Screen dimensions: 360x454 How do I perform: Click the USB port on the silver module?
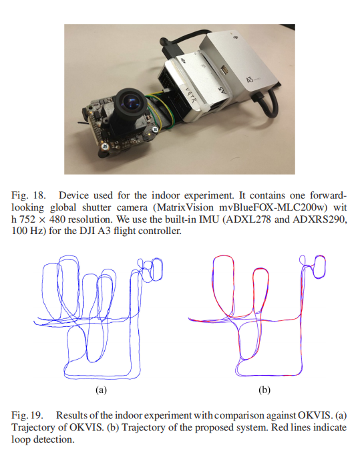(224, 70)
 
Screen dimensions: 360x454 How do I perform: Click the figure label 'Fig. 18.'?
(29, 195)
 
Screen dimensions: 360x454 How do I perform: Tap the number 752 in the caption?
(28, 219)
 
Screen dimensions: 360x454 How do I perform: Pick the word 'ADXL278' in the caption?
(248, 219)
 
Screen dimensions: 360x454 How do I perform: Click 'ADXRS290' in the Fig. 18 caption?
(320, 219)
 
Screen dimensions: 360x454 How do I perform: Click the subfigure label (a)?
(102, 390)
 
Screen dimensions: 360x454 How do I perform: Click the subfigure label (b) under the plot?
(264, 390)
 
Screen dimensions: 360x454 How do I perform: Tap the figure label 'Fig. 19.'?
(27, 415)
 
